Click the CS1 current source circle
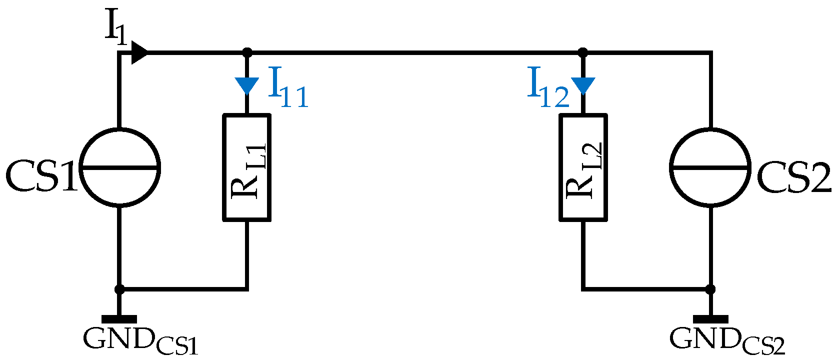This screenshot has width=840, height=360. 119,167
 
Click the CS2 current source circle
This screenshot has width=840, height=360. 710,167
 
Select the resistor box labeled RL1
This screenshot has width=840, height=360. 246,167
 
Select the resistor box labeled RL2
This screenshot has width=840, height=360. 583,167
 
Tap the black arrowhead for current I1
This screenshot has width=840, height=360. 139,52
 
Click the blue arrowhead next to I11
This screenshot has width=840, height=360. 246,85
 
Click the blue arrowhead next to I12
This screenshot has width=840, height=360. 583,85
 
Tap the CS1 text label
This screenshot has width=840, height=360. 41,176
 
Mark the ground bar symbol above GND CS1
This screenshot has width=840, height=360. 119,319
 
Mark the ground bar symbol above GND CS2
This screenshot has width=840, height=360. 710,319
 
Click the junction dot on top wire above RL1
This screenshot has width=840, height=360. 246,52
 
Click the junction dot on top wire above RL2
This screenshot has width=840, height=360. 583,52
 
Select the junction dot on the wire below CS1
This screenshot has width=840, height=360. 119,289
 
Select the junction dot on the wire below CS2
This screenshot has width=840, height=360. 710,289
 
